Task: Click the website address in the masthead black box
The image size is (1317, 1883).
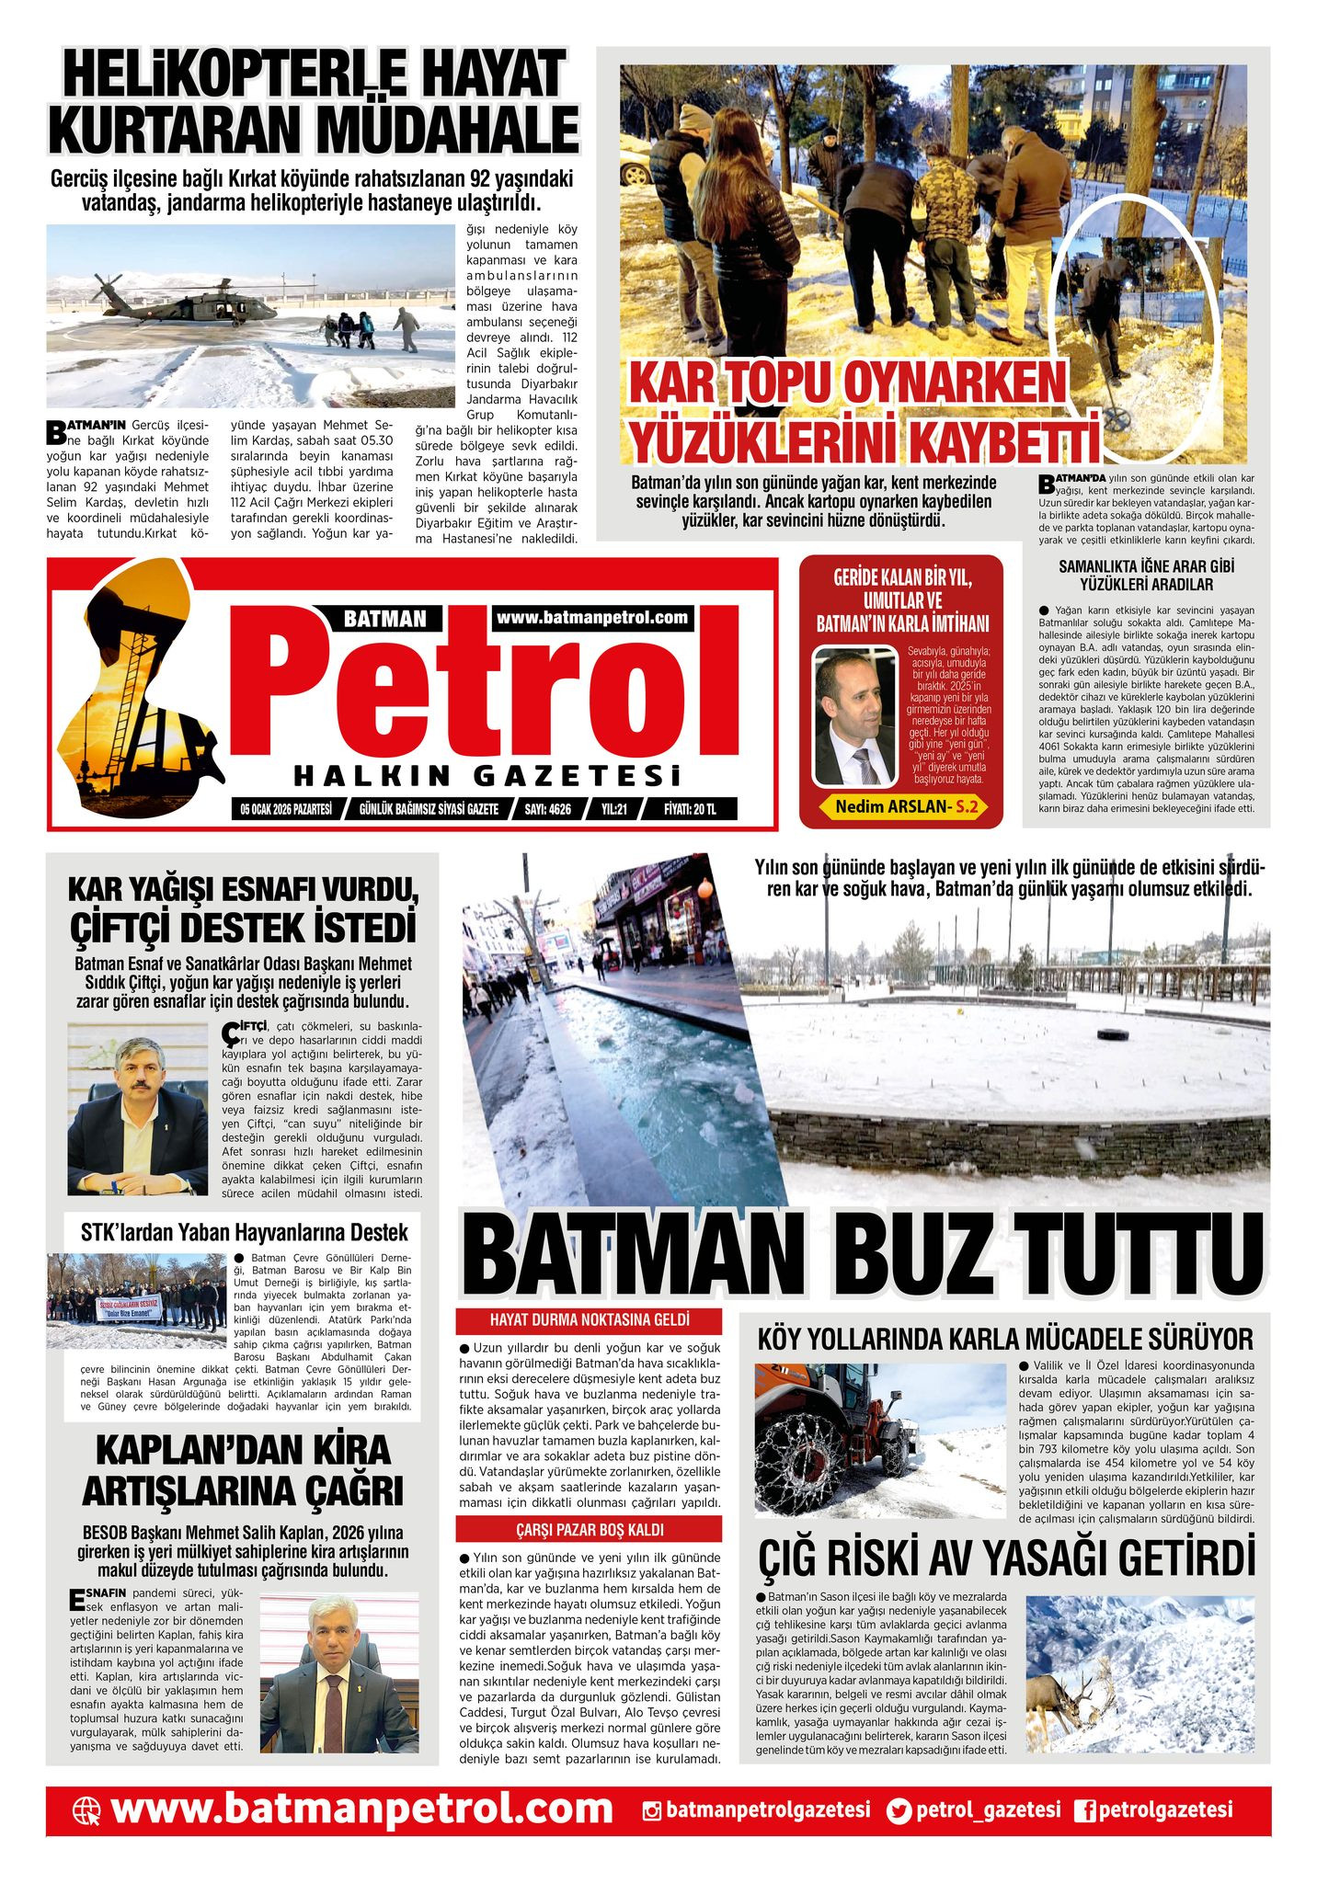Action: (x=592, y=618)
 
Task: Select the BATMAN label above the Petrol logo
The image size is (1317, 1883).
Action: (x=384, y=619)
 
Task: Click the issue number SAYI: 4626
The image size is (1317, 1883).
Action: (x=547, y=809)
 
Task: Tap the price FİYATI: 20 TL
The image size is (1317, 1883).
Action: (x=689, y=809)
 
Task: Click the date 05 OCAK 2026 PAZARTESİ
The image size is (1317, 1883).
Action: (x=285, y=809)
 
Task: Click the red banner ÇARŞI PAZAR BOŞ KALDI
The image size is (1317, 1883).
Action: (x=589, y=1530)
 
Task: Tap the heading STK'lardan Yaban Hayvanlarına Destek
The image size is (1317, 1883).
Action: (x=244, y=1232)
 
